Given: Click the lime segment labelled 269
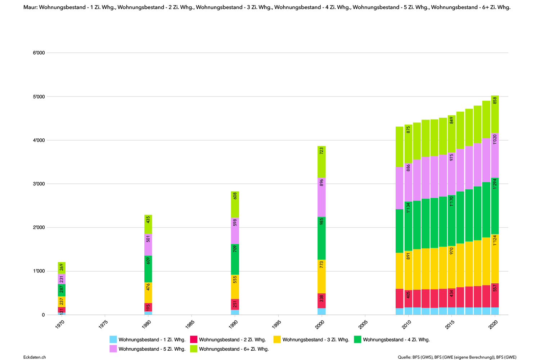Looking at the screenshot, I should coord(62,268).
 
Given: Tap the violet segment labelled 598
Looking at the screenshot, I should coord(235,231).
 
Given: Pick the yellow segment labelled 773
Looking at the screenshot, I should coord(321,276).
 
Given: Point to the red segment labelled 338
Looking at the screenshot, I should coord(321,301).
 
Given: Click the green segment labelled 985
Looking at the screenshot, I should coord(321,238).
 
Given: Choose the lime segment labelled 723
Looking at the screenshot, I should coord(321,162).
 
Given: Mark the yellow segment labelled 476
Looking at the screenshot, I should coord(148,293).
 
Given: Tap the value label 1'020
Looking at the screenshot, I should coord(495,139).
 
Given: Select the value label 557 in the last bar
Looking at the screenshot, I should coord(495,288).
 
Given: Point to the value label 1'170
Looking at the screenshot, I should coord(451,201).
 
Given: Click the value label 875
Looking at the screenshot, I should coord(408,130).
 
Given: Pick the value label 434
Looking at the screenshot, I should coord(451,293).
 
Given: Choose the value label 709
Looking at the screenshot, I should coord(235,248).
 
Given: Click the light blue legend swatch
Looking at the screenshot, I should coord(113,339).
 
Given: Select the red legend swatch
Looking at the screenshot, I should coord(194,339).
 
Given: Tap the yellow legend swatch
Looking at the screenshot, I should coord(277,339).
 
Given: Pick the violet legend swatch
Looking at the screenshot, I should coord(113,348).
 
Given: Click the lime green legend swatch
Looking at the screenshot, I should coord(194,348).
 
